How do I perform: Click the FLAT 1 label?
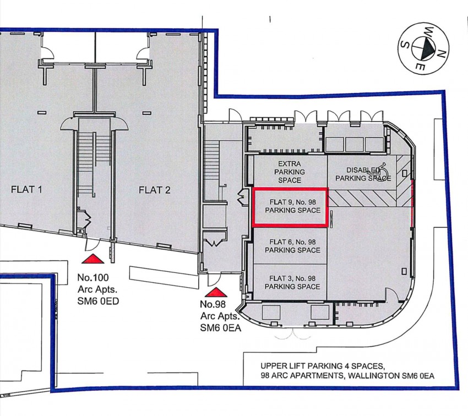click(x=27, y=190)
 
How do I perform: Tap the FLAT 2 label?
click(x=154, y=190)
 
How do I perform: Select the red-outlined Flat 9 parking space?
click(x=290, y=206)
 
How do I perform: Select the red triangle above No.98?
click(x=217, y=292)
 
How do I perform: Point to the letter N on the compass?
click(x=442, y=53)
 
